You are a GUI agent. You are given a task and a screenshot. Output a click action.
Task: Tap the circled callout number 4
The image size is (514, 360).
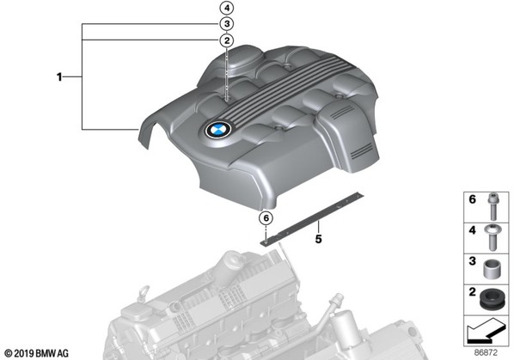tap(227, 8)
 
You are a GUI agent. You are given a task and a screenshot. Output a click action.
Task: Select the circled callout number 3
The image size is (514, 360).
tap(227, 24)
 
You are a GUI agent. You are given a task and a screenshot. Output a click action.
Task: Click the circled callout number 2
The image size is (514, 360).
tap(227, 40)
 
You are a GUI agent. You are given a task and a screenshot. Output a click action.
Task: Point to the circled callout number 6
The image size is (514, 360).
tap(266, 218)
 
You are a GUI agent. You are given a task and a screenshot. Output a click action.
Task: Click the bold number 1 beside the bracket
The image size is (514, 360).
tap(59, 77)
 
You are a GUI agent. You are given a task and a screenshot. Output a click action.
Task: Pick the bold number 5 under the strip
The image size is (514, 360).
tap(318, 239)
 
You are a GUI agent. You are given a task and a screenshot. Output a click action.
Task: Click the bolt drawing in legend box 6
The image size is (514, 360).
tap(492, 206)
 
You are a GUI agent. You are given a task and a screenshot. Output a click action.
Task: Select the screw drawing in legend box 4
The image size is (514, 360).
tap(492, 237)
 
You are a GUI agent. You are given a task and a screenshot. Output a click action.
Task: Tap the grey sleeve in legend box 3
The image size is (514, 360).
tap(491, 269)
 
